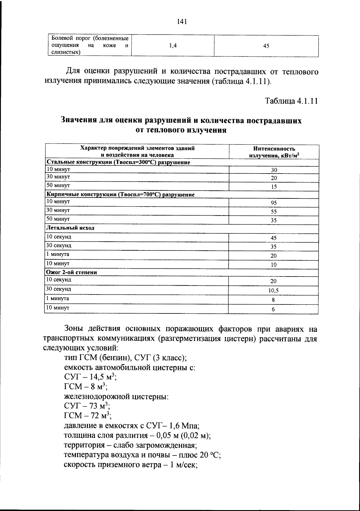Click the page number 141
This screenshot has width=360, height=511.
pos(182,21)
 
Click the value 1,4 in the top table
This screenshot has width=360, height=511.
pos(173,46)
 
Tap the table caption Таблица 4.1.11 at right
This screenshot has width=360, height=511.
pos(291,101)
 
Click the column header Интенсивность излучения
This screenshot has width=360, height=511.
pos(274,152)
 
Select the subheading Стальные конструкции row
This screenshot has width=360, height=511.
pos(118,162)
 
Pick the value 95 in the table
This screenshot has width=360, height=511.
pos(274,203)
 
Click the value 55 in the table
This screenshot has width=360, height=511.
pos(274,212)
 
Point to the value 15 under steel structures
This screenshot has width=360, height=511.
pos(274,187)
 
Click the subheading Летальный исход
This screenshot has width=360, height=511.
pos(70,228)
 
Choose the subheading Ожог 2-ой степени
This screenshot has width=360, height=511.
pos(71,272)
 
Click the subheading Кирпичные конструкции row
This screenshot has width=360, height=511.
pos(120,195)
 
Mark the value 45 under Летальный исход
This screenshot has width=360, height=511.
pos(274,238)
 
